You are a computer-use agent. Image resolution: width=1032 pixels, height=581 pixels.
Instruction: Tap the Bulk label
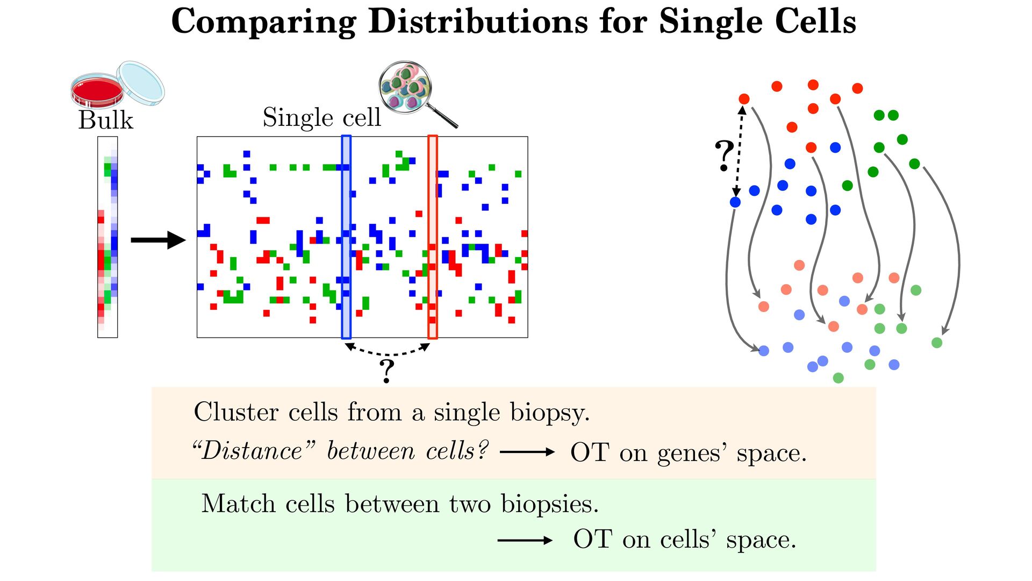point(105,120)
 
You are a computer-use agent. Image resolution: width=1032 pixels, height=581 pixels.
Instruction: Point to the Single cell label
point(321,117)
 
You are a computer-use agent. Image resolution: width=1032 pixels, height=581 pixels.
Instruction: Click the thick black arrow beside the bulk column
point(158,240)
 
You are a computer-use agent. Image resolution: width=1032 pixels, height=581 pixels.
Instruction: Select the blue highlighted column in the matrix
point(346,237)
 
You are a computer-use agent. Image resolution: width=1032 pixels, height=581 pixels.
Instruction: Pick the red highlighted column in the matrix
point(433,237)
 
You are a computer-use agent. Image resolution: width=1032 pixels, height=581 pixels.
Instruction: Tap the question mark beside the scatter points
point(724,155)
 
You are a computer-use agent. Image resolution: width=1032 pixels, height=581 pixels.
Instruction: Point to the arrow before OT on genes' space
point(527,452)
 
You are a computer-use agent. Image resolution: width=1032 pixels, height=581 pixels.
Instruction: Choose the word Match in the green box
point(239,504)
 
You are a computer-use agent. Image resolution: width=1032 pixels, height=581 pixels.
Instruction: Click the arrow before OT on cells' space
point(525,540)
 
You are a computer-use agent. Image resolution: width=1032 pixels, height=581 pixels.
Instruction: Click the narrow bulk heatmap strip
point(107,237)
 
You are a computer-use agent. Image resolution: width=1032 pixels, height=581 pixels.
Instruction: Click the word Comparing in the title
point(263,22)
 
